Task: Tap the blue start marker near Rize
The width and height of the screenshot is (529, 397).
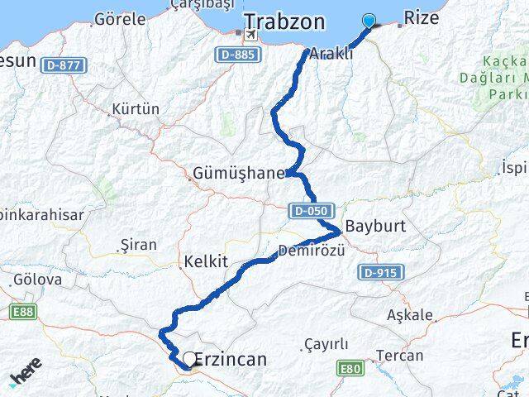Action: point(369,22)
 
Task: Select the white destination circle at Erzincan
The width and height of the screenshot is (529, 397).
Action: point(190,359)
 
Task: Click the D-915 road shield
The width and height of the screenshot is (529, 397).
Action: point(380,272)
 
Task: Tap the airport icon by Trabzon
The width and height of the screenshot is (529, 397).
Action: point(249,36)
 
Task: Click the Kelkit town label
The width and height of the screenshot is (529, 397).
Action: point(207,261)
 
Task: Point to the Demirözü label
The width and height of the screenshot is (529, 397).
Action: point(311,250)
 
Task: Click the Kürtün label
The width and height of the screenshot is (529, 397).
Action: point(135,109)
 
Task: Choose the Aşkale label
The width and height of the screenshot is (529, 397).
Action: point(409,315)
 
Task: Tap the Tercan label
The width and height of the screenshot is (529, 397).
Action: point(399,356)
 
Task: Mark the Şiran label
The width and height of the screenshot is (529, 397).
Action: point(138,245)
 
